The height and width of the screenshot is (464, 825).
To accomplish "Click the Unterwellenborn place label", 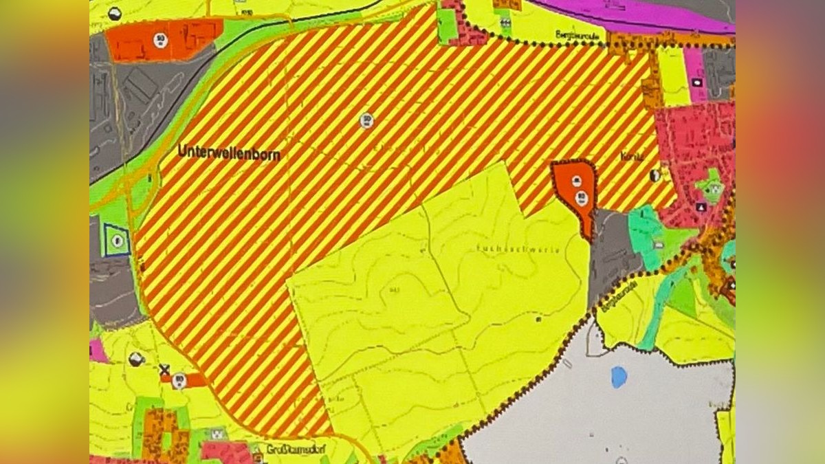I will [229, 152].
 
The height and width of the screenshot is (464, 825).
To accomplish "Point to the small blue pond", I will [619, 377].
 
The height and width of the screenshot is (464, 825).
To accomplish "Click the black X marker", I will [164, 370].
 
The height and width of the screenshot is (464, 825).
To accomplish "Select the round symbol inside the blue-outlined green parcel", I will [118, 240].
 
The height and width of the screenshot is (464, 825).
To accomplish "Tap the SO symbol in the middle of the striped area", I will [366, 120].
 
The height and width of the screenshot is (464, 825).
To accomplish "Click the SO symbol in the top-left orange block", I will [161, 40].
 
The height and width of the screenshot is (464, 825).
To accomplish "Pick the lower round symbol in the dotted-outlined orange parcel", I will [582, 199].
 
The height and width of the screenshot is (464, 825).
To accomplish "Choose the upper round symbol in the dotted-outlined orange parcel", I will [577, 180].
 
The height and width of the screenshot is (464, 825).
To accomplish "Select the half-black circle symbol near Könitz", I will [654, 175].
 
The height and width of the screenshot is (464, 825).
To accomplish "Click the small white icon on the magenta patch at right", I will [698, 81].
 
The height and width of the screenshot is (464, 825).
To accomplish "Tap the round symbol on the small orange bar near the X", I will [180, 379].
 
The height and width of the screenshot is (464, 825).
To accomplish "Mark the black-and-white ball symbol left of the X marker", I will [136, 358].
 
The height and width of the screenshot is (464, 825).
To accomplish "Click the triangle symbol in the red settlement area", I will [701, 206].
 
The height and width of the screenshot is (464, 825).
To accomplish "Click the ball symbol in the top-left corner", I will [115, 13].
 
